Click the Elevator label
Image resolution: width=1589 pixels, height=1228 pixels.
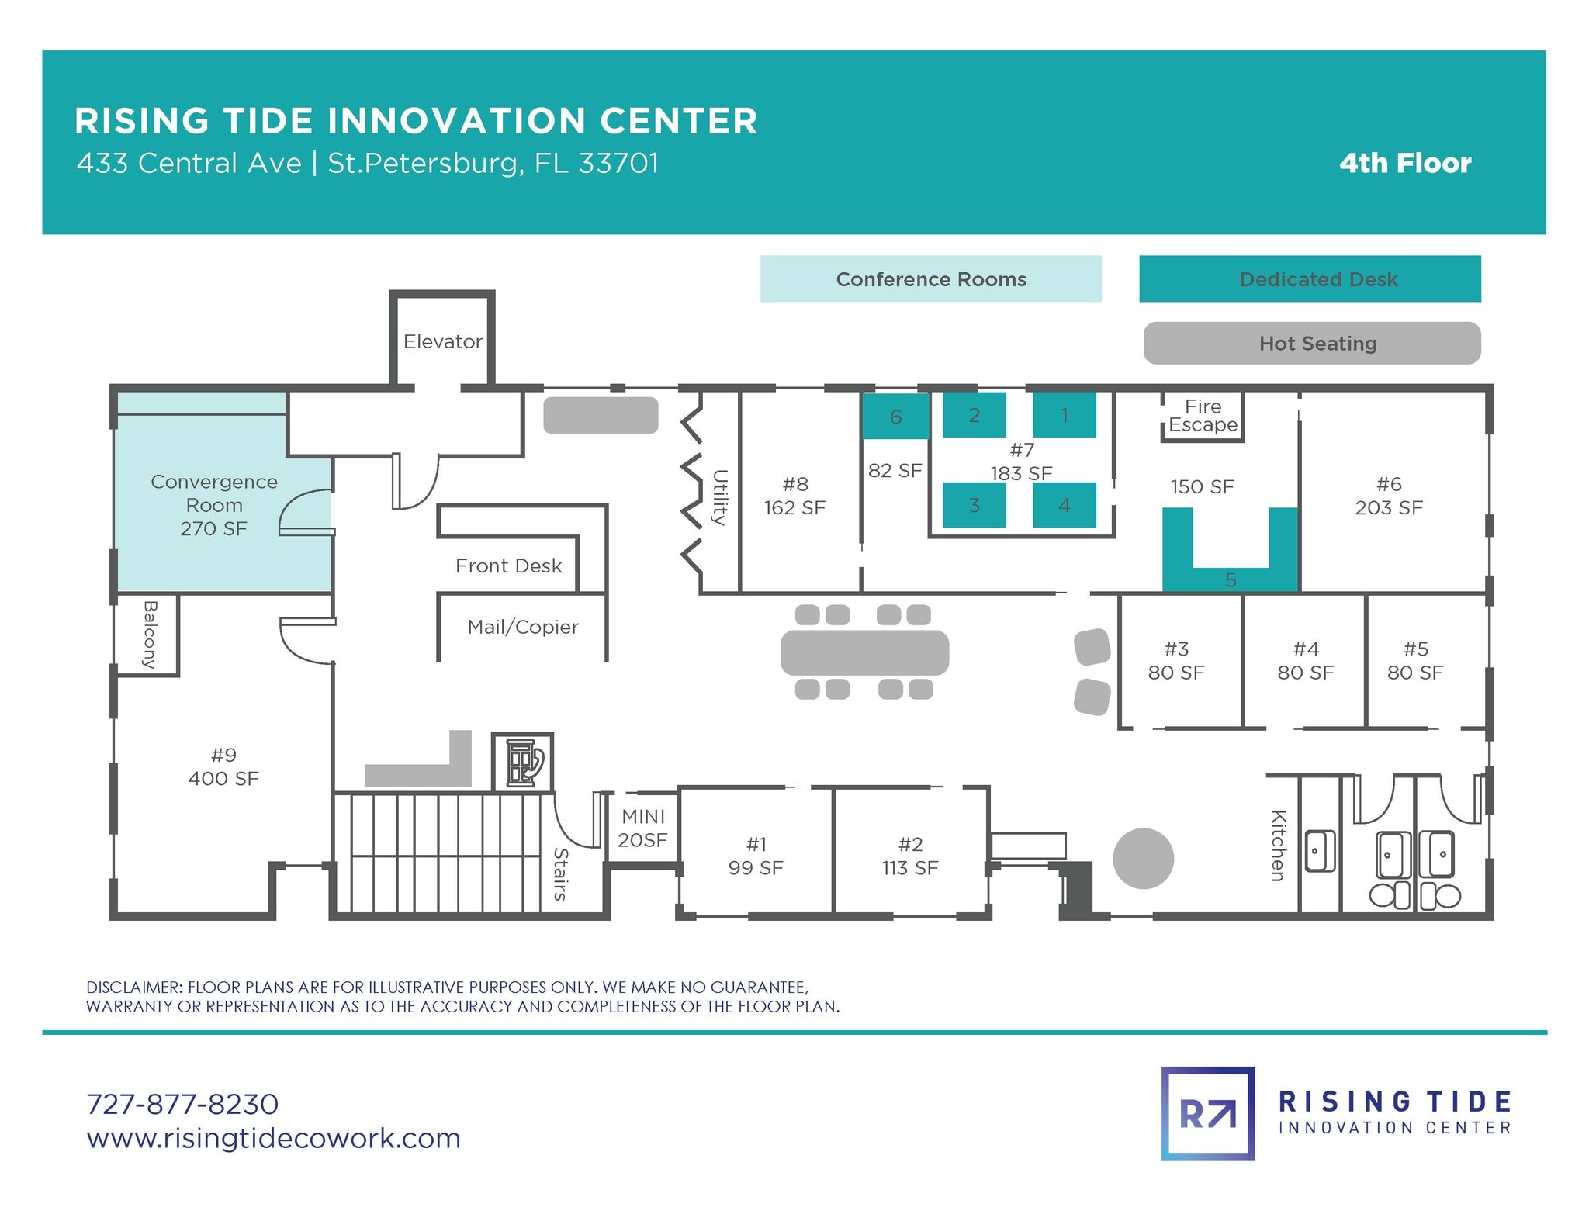point(442,341)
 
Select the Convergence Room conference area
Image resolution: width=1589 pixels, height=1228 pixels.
point(214,504)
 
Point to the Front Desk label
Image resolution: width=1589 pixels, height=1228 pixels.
point(508,566)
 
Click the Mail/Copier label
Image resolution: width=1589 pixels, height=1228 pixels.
point(523,627)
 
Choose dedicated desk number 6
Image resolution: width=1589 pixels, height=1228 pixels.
point(895,417)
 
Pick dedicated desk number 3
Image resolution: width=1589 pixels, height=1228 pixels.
point(974,505)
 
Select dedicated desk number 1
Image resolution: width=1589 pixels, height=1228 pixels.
point(1064,415)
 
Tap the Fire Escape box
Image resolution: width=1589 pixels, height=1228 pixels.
point(1203,416)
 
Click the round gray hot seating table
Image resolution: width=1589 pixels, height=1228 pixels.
point(1143,858)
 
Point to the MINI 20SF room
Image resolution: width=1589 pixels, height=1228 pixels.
point(642,828)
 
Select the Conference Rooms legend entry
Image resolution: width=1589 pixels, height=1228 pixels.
point(930,279)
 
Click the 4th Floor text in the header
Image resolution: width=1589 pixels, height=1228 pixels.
point(1405,163)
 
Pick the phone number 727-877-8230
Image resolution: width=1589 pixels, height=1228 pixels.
point(182,1103)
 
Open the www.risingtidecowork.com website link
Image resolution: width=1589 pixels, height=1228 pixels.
point(273,1138)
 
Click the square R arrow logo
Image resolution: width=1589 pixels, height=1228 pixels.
point(1207,1113)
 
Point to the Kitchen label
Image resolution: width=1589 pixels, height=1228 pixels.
point(1279,846)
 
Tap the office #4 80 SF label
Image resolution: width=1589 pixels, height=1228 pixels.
point(1305,661)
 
